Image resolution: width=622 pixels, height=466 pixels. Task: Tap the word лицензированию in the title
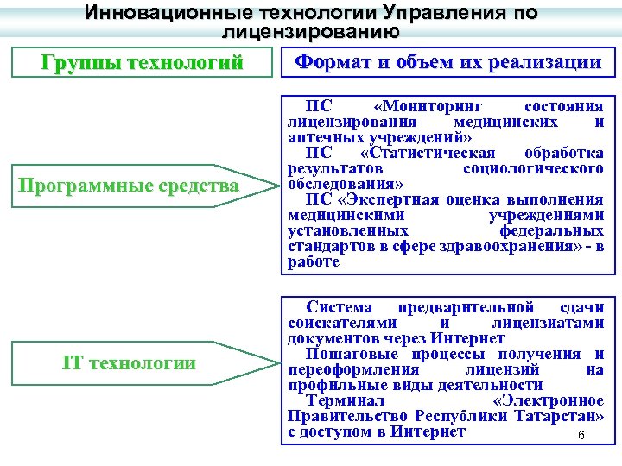pyautogui.click(x=310, y=33)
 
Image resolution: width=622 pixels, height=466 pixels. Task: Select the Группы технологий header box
pyautogui.click(x=142, y=63)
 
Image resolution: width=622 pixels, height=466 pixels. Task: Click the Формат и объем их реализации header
pyautogui.click(x=447, y=62)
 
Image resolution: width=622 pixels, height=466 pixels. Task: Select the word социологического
pyautogui.click(x=533, y=168)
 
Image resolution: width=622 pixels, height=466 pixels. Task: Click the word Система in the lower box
pyautogui.click(x=340, y=307)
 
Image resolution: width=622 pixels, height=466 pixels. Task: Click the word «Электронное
pyautogui.click(x=547, y=400)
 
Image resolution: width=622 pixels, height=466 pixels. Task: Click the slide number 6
pyautogui.click(x=581, y=435)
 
